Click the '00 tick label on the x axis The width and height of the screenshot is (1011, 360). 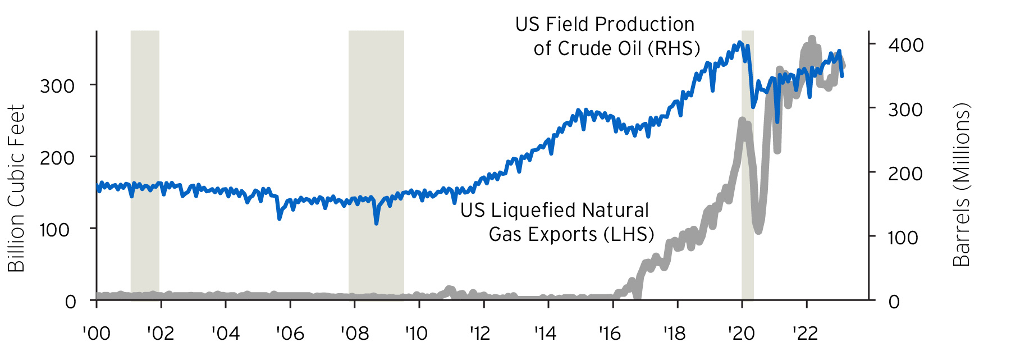click(x=97, y=334)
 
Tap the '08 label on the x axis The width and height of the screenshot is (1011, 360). click(x=355, y=334)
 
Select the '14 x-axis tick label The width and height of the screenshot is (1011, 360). click(x=545, y=334)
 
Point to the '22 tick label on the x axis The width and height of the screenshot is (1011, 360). click(x=805, y=334)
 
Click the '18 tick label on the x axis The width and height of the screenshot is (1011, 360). click(x=674, y=334)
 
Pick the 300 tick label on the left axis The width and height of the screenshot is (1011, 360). click(x=57, y=86)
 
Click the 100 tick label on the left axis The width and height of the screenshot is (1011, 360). click(x=54, y=230)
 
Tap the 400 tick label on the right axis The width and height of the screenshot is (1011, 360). click(x=905, y=45)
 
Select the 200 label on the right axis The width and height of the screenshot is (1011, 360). click(x=905, y=174)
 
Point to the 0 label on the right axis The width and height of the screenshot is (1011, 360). click(x=894, y=302)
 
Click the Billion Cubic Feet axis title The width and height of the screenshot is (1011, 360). click(x=16, y=188)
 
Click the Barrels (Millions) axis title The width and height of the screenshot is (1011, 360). click(x=962, y=184)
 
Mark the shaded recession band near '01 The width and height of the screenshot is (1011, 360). click(x=145, y=166)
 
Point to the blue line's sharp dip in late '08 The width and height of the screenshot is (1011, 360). click(x=376, y=223)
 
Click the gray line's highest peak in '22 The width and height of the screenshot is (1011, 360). click(x=812, y=39)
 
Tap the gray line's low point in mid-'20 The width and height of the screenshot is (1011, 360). click(x=758, y=230)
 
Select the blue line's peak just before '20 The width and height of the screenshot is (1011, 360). click(x=739, y=42)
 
